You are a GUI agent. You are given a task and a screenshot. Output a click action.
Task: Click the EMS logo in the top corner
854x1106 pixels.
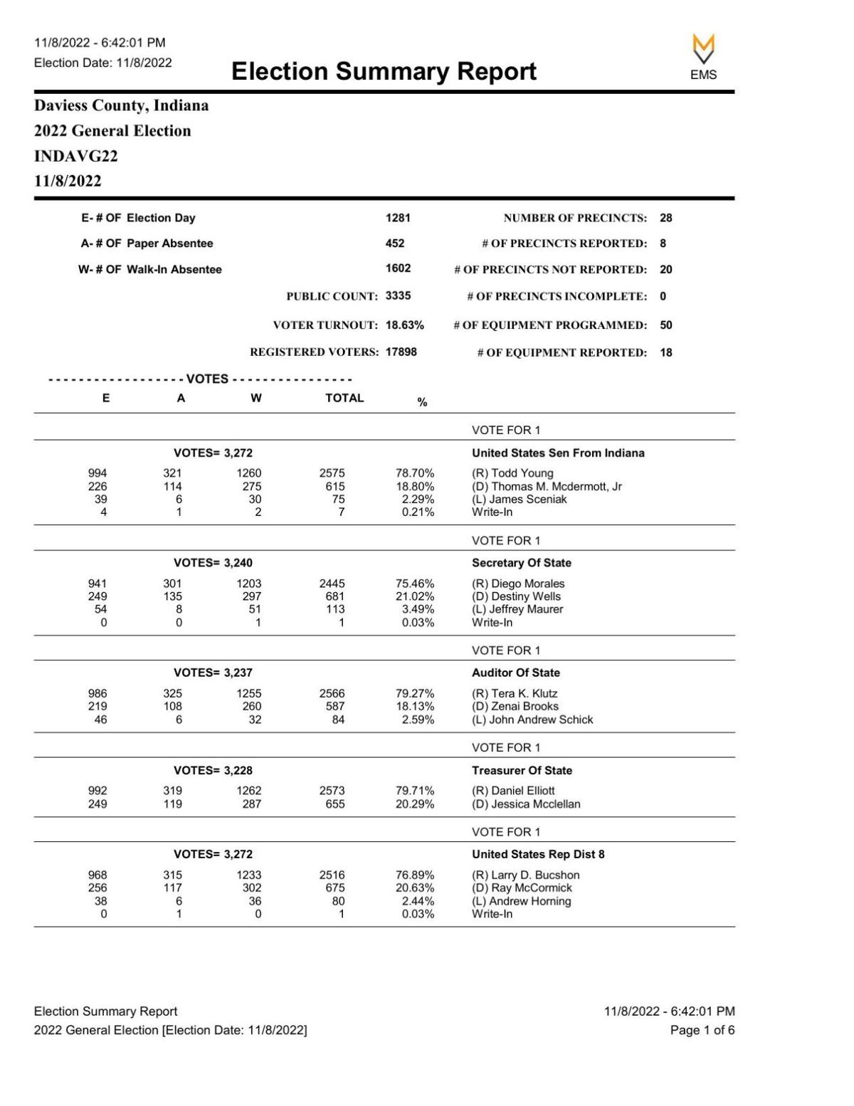coord(703,56)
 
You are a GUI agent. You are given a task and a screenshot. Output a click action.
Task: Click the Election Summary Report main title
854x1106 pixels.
coord(384,71)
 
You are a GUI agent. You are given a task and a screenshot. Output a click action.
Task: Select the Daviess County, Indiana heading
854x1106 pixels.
coord(122,105)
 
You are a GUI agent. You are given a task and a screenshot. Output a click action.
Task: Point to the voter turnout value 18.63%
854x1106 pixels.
coord(404,325)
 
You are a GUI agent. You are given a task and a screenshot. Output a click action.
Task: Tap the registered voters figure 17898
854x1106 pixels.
coord(401,352)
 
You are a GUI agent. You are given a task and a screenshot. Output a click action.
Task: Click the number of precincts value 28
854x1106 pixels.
coord(665,218)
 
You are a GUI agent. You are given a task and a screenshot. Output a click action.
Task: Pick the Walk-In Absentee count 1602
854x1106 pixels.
coord(398,268)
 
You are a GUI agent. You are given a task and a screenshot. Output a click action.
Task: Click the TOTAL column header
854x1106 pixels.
coord(344,399)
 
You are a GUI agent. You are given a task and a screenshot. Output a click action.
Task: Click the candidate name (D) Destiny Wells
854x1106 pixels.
coord(516,596)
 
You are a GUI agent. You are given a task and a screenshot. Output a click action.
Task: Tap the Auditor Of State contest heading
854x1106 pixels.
coord(516,673)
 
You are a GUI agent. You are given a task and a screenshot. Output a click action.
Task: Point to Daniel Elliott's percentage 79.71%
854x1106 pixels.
coord(415,791)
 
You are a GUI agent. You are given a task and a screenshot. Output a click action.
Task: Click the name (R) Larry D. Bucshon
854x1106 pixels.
coord(526,875)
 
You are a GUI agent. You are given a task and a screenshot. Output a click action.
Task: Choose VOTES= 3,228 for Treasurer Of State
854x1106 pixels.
coord(213,771)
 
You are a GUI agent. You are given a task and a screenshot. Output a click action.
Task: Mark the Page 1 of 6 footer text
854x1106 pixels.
coord(702,1030)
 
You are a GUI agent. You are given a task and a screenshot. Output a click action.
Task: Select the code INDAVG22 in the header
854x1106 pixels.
coord(76,156)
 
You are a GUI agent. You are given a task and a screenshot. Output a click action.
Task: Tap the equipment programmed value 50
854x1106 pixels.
coord(665,325)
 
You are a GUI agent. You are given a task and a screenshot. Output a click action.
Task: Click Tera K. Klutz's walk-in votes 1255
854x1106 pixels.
coord(249,694)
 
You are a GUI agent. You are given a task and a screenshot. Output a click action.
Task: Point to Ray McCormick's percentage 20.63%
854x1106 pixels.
coord(415,888)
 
